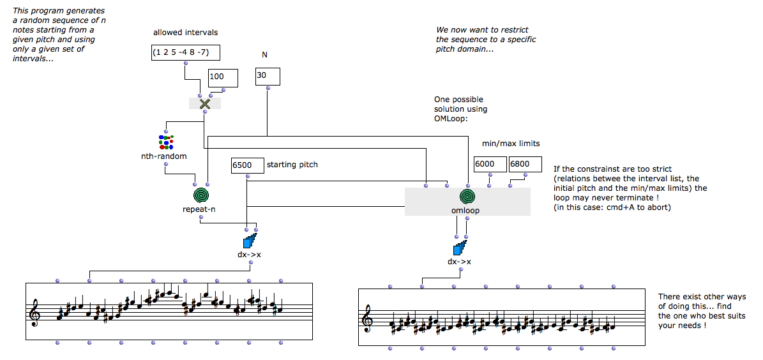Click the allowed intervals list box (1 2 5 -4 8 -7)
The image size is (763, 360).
point(184,54)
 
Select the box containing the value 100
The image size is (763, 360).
point(223,78)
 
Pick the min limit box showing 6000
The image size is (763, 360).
point(489,165)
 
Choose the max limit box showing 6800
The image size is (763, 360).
point(524,165)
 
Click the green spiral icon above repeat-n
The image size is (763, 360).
point(201,195)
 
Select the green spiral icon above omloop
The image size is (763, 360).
point(468,196)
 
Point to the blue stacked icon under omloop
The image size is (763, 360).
point(460,248)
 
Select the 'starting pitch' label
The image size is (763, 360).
point(292,165)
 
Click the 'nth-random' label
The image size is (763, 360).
point(165,156)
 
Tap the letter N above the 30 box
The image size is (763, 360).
point(264,55)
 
